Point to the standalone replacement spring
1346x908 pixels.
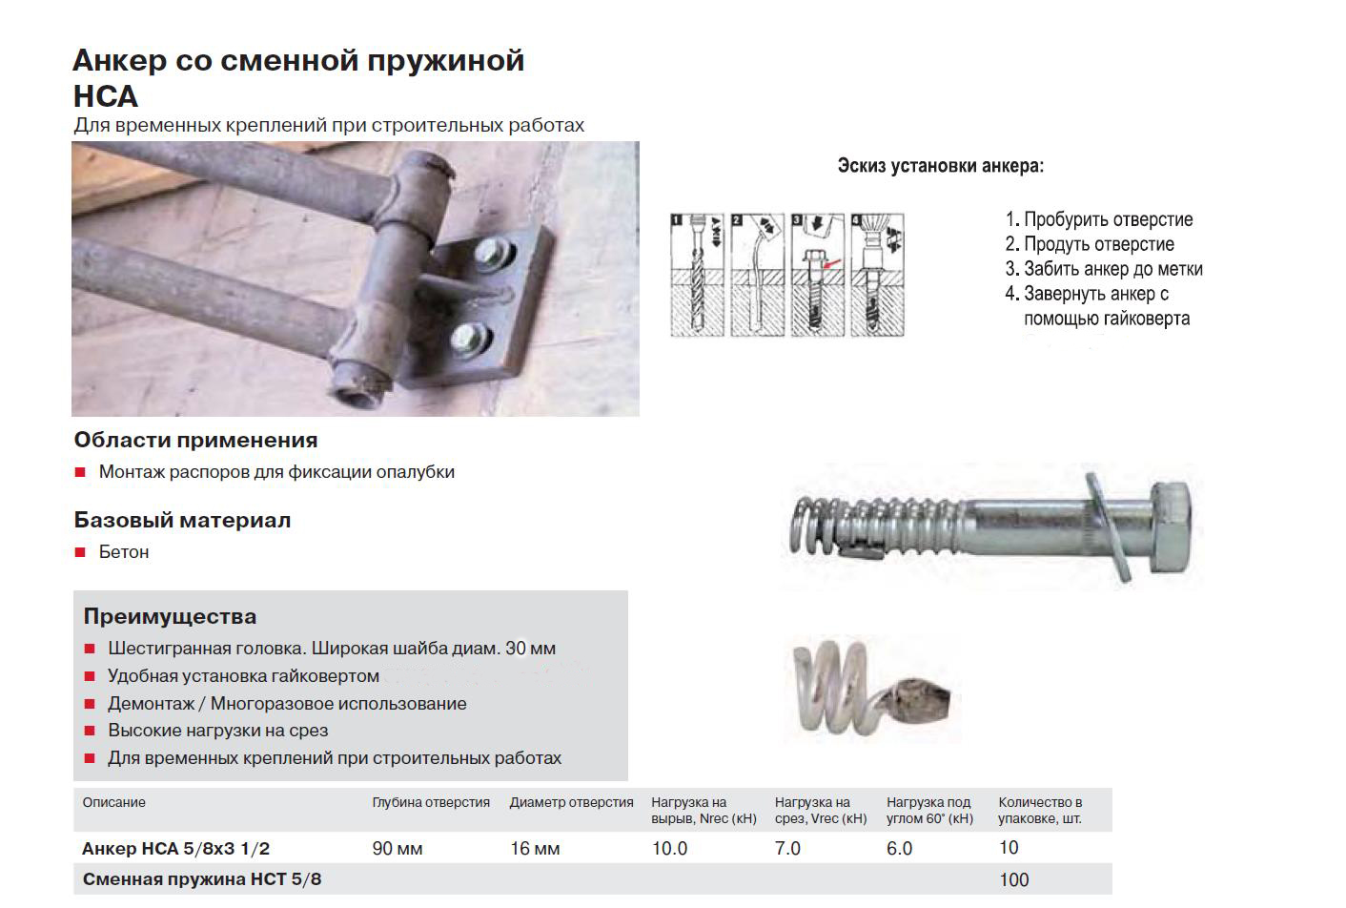point(872,691)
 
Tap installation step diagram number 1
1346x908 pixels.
point(698,274)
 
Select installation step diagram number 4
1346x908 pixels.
point(877,274)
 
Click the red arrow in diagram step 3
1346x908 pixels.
point(832,263)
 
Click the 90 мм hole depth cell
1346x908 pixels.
point(398,849)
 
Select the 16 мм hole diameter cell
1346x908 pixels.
point(535,849)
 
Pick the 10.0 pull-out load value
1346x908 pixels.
point(669,849)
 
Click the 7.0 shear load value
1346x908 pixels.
point(787,849)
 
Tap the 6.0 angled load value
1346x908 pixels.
point(900,849)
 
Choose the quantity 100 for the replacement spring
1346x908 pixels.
point(1013,879)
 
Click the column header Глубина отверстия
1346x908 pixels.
point(431,802)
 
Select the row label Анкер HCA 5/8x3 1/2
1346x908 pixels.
point(176,849)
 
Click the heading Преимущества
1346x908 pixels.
point(170,616)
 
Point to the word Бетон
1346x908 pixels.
point(124,552)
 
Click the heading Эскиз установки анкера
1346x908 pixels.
point(941,165)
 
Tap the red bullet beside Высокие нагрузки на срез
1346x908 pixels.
point(91,731)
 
